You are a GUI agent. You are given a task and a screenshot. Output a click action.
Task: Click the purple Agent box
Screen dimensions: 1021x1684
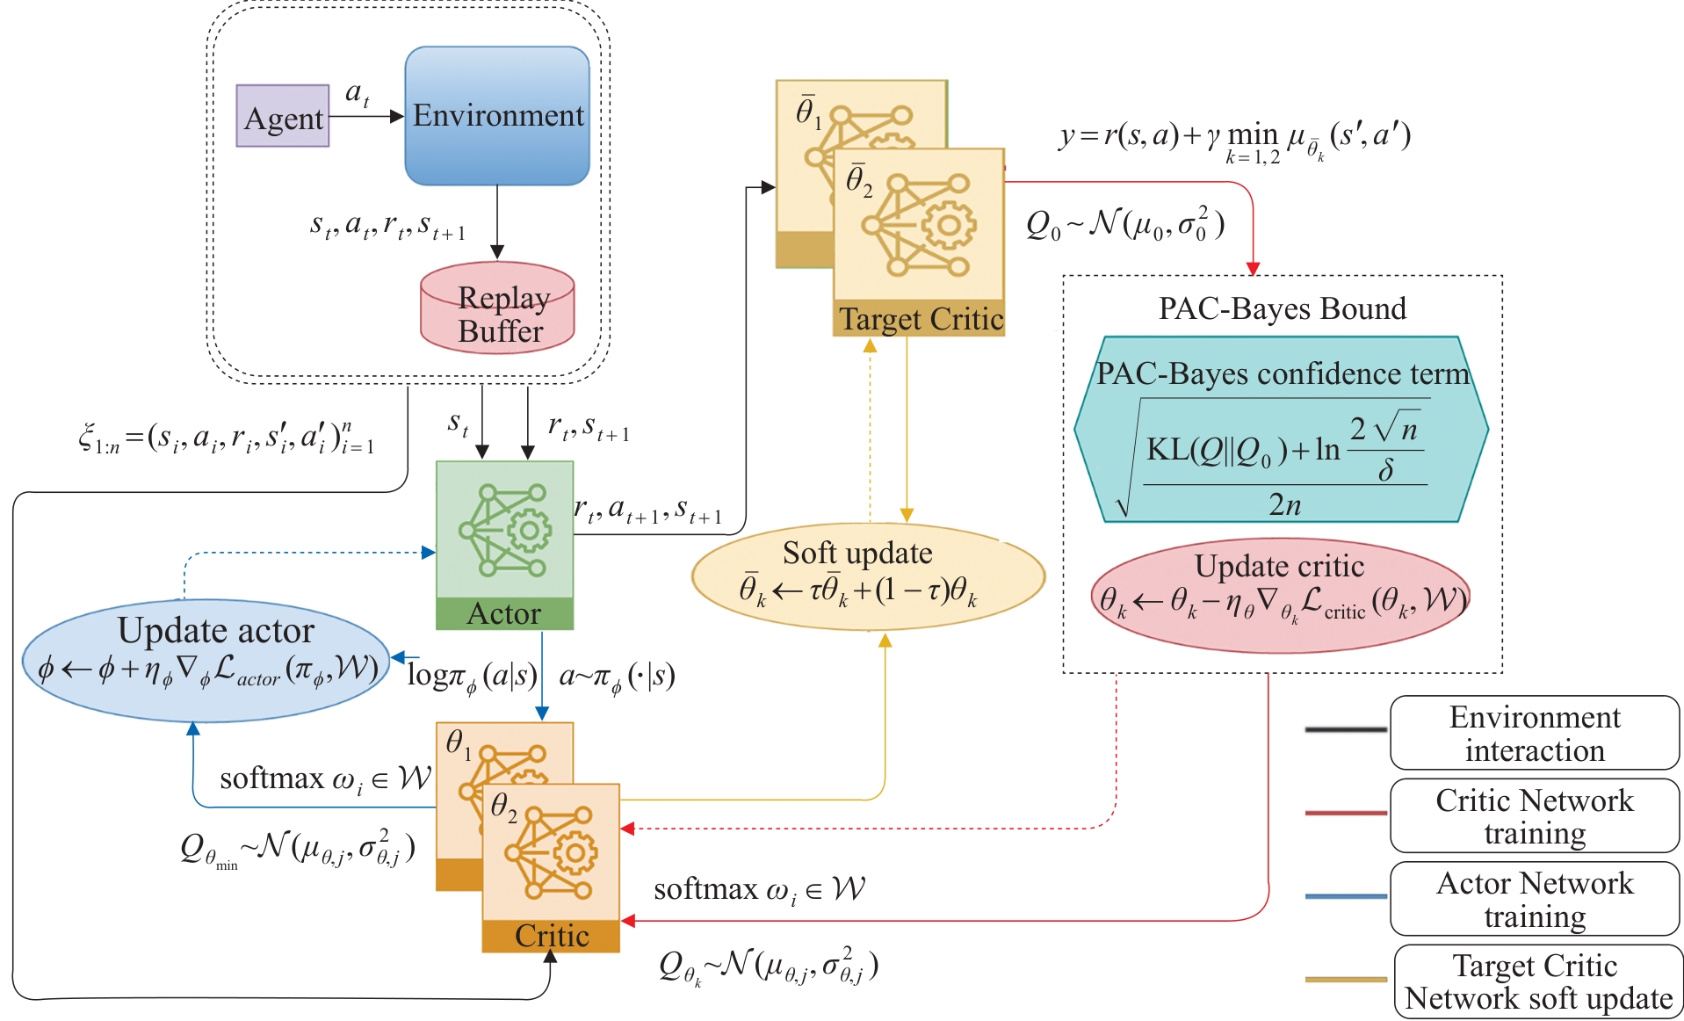pyautogui.click(x=283, y=116)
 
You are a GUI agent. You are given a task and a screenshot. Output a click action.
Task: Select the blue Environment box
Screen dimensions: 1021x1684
pyautogui.click(x=497, y=116)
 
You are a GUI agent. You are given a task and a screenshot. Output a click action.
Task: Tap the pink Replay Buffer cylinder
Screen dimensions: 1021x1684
pyautogui.click(x=497, y=308)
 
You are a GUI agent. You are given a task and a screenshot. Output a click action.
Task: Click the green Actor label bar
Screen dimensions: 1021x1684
pyautogui.click(x=504, y=613)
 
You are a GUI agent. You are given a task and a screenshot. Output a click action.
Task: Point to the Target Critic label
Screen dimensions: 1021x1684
pyautogui.click(x=920, y=319)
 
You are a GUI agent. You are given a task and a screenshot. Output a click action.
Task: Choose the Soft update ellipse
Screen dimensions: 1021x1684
pyautogui.click(x=868, y=576)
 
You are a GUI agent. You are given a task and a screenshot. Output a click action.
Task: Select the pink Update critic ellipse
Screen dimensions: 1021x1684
pyautogui.click(x=1279, y=595)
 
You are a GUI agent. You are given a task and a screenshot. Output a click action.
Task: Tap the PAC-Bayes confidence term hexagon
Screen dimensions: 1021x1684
pyautogui.click(x=1282, y=431)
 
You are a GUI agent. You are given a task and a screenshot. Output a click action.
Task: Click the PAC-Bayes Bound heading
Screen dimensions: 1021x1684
pyautogui.click(x=1282, y=308)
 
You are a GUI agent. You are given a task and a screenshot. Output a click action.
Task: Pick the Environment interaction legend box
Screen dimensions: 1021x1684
pyautogui.click(x=1534, y=733)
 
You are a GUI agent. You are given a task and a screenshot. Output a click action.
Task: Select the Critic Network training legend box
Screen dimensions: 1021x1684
pyautogui.click(x=1534, y=815)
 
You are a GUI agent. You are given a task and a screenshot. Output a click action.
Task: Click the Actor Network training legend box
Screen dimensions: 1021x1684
pyautogui.click(x=1534, y=898)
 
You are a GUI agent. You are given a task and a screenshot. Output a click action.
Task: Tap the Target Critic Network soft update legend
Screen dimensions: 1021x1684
pyautogui.click(x=1537, y=981)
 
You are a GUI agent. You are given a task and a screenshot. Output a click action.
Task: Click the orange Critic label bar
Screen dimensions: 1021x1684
pyautogui.click(x=551, y=936)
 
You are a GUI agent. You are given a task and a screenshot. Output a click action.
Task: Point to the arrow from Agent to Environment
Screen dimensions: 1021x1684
pyautogui.click(x=365, y=116)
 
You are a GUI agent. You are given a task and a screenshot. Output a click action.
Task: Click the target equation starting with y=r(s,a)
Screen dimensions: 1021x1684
pyautogui.click(x=1234, y=139)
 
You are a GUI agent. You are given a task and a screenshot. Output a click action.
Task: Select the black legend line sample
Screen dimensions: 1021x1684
pyautogui.click(x=1346, y=729)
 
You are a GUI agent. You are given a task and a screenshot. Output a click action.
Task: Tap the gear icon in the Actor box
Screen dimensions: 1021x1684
pyautogui.click(x=530, y=530)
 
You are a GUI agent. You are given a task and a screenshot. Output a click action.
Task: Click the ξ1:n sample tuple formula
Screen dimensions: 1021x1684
pyautogui.click(x=226, y=437)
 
